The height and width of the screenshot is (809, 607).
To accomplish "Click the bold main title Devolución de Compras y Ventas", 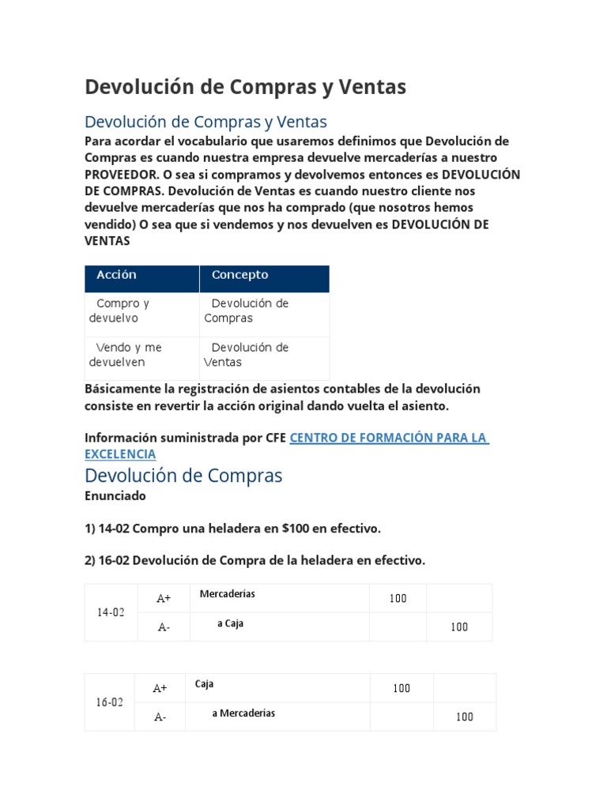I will click(x=245, y=87).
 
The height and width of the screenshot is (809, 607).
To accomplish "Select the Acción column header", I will click(x=116, y=275).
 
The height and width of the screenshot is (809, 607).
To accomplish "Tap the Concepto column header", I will click(x=239, y=275).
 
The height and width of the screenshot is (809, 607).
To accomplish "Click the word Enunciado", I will click(x=115, y=496).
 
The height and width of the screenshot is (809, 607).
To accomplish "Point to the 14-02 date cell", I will click(x=111, y=612).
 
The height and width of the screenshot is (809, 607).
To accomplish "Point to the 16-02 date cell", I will click(x=110, y=702).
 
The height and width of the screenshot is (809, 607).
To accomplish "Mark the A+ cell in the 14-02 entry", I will click(x=164, y=598).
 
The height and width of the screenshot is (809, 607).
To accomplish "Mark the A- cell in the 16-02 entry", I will click(x=160, y=717).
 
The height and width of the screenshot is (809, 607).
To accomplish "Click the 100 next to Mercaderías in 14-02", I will click(x=398, y=598).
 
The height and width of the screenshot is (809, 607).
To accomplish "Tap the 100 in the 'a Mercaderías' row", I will click(x=465, y=717).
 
